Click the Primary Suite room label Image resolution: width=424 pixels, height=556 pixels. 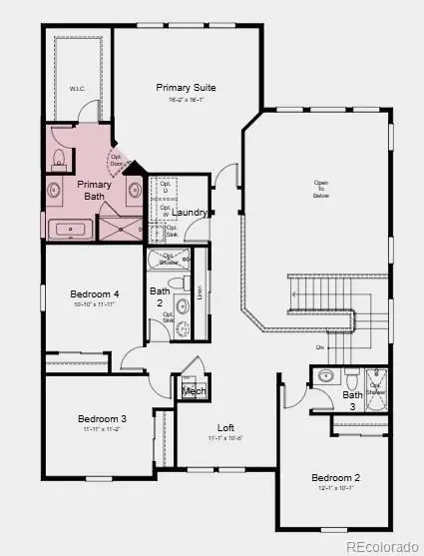pos(186,88)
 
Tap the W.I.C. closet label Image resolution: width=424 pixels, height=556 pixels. pos(77,89)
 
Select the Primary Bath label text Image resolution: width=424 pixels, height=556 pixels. pos(94,190)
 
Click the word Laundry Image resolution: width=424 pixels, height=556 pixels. pos(190,213)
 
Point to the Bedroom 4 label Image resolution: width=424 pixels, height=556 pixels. pos(95,294)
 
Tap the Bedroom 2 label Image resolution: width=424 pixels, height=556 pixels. pos(335,477)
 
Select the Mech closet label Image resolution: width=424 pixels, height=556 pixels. pos(194,391)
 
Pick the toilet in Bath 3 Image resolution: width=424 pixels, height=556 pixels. pos(350,378)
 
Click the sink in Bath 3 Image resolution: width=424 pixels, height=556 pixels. pos(326,376)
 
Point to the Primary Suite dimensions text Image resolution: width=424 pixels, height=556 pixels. pos(186,100)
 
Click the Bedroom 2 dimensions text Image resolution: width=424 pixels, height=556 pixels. pos(335,489)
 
